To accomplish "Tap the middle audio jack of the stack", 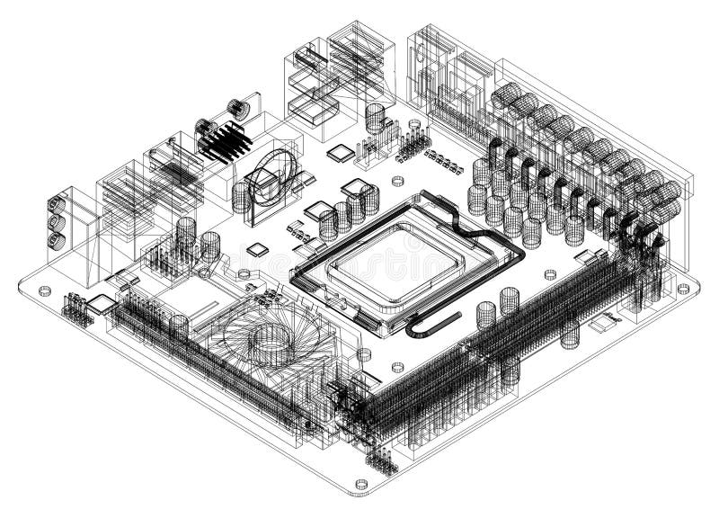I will pyautogui.click(x=55, y=221).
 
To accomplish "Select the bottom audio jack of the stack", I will pyautogui.click(x=55, y=240).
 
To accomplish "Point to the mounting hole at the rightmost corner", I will pyautogui.click(x=683, y=289).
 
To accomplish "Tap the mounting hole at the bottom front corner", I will pyautogui.click(x=360, y=484).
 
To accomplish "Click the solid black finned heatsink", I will pyautogui.click(x=224, y=141).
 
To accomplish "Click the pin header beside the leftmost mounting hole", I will pyautogui.click(x=78, y=308).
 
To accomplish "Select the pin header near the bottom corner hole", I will pyautogui.click(x=382, y=461).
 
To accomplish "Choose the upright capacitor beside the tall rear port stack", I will pyautogui.click(x=375, y=117).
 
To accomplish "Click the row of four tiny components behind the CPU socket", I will pyautogui.click(x=443, y=161).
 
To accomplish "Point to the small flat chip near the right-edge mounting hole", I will pyautogui.click(x=611, y=317).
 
